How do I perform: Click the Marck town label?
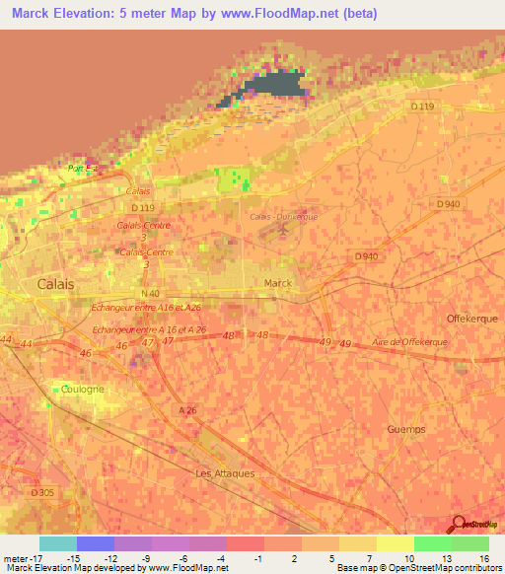[x=278, y=284]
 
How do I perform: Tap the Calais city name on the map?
[x=55, y=283]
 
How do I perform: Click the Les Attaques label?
[x=225, y=472]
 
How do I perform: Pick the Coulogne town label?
[x=82, y=390]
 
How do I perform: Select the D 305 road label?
[x=41, y=492]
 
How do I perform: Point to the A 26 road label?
[x=188, y=409]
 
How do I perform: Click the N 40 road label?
[x=150, y=293]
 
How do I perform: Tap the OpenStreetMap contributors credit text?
[x=438, y=568]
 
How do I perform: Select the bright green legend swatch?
[x=432, y=543]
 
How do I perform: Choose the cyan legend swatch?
[x=58, y=543]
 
